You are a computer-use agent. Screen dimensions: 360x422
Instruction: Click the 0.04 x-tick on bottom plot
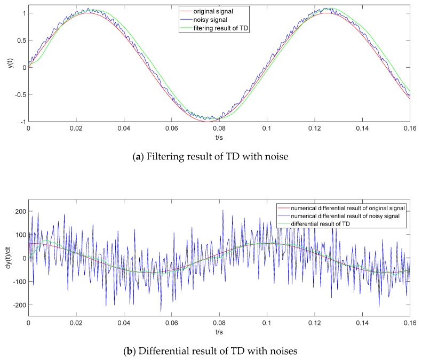pos(124,323)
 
